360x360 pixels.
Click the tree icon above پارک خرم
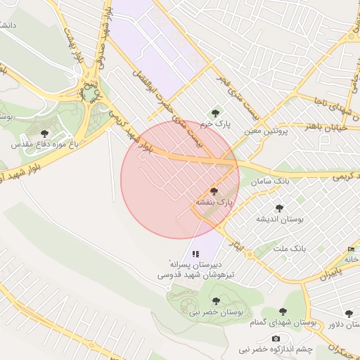[215, 112]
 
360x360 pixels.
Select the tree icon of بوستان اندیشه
[280, 208]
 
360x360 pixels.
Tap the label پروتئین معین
[267, 131]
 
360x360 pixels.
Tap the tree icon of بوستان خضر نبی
[216, 301]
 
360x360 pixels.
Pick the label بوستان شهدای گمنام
[285, 323]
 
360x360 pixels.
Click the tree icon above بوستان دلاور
[349, 314]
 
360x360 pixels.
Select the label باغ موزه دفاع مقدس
[43, 144]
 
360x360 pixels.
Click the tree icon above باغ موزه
[45, 132]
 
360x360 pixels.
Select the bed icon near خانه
[351, 250]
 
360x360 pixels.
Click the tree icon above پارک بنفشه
[214, 191]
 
